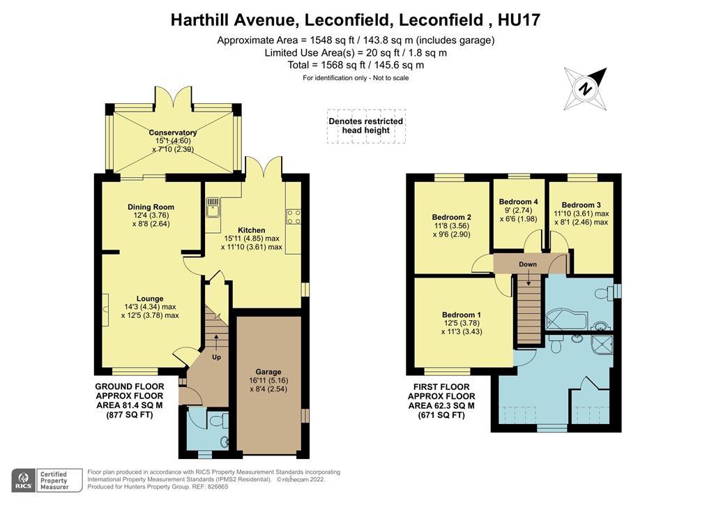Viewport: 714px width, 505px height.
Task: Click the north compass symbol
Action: (x=586, y=89)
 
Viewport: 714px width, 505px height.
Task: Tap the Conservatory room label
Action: (x=172, y=133)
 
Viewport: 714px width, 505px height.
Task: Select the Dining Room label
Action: (x=151, y=207)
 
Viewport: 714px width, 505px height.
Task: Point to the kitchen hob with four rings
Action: (x=293, y=217)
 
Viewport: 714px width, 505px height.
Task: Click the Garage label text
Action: (x=268, y=372)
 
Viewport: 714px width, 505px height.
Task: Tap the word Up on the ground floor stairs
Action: (x=216, y=357)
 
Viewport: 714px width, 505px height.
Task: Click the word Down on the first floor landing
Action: (x=528, y=265)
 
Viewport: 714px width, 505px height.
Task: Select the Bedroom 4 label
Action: (x=519, y=202)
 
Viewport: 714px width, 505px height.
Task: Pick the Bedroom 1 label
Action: (x=461, y=315)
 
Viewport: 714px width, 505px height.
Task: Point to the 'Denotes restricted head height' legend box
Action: (x=366, y=126)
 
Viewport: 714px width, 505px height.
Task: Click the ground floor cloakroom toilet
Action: (x=217, y=421)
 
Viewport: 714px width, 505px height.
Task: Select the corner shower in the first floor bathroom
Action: (x=602, y=345)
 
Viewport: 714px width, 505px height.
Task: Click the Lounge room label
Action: (x=150, y=299)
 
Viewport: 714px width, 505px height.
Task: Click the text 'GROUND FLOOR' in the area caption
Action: (x=130, y=386)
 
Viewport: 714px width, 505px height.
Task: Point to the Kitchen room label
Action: (x=251, y=230)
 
